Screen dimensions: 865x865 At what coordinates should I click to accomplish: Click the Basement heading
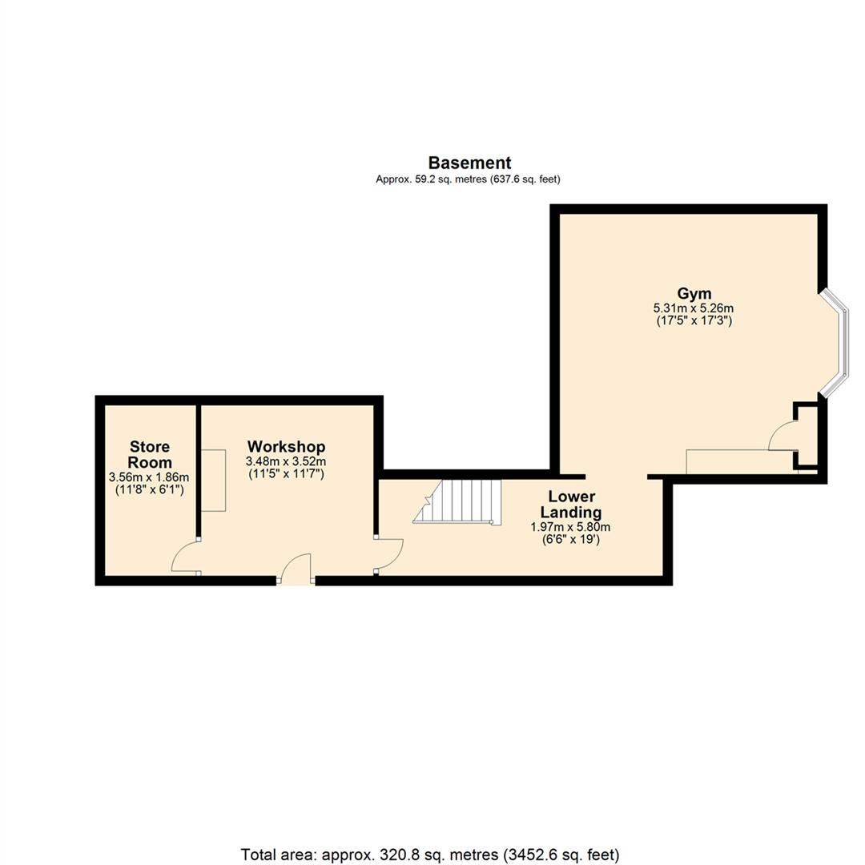[x=469, y=163]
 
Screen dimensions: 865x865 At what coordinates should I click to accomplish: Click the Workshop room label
[x=286, y=446]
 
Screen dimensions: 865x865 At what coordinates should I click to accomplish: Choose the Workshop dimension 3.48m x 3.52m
[x=286, y=461]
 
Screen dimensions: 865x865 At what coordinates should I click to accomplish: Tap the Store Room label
[x=151, y=454]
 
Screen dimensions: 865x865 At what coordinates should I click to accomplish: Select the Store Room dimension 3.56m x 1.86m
[x=147, y=477]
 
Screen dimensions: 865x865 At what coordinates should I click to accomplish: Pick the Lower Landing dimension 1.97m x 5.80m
[x=570, y=527]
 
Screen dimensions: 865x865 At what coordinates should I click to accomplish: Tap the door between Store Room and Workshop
[x=184, y=557]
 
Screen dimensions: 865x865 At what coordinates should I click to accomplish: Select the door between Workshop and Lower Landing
[x=390, y=554]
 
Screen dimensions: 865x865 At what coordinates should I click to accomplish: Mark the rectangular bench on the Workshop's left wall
[x=213, y=480]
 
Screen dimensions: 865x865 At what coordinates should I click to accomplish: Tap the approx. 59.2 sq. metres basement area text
[x=468, y=180]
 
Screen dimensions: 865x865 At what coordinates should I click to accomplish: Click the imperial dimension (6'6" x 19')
[x=570, y=540]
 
